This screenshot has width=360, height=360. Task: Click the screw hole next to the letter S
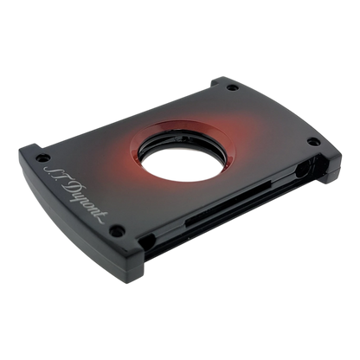[x=43, y=157]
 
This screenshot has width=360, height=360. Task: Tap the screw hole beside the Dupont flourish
[x=119, y=230]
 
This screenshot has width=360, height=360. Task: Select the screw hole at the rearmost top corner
[x=233, y=87]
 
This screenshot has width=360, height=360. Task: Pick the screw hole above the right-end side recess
[x=313, y=142]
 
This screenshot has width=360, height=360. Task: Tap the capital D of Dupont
[x=70, y=189]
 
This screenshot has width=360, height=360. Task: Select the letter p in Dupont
[x=84, y=200]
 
